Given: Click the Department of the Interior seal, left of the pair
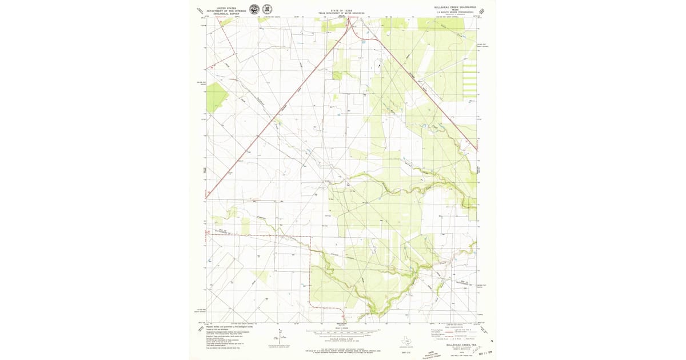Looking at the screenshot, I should pyautogui.click(x=254, y=9).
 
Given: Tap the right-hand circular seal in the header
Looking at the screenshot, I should pyautogui.click(x=267, y=9).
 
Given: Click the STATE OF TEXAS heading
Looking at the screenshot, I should pyautogui.click(x=342, y=10).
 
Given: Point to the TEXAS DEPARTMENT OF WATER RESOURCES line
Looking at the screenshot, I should pyautogui.click(x=342, y=13).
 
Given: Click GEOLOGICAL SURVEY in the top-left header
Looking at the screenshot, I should pyautogui.click(x=226, y=14).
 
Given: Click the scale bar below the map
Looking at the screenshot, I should pyautogui.click(x=343, y=331).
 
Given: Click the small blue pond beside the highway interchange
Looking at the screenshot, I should pyautogui.click(x=364, y=42).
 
